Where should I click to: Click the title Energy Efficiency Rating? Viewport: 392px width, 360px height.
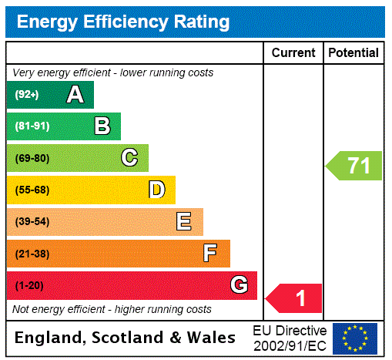coord(122,22)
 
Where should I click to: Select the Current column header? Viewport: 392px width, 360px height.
coord(293,52)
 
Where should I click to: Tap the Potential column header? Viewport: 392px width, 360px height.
coord(353,52)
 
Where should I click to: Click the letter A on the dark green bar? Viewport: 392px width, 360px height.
coord(75,95)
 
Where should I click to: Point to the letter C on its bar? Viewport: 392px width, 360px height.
coord(129,158)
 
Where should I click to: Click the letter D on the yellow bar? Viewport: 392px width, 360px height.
coord(156,190)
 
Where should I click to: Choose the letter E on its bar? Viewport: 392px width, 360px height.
coord(184,222)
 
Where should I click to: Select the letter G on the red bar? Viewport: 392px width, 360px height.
coord(239,285)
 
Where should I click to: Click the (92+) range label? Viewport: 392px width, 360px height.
coord(27,95)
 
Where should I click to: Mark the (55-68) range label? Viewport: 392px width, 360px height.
coord(32,190)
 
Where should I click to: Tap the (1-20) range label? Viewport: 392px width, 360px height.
coord(29,285)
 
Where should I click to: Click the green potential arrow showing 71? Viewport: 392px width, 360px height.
coord(354,166)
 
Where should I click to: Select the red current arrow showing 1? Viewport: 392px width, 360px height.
coord(295,298)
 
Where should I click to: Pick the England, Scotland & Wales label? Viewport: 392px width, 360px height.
coord(126,338)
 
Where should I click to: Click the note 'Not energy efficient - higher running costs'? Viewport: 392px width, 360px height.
coord(112,309)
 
